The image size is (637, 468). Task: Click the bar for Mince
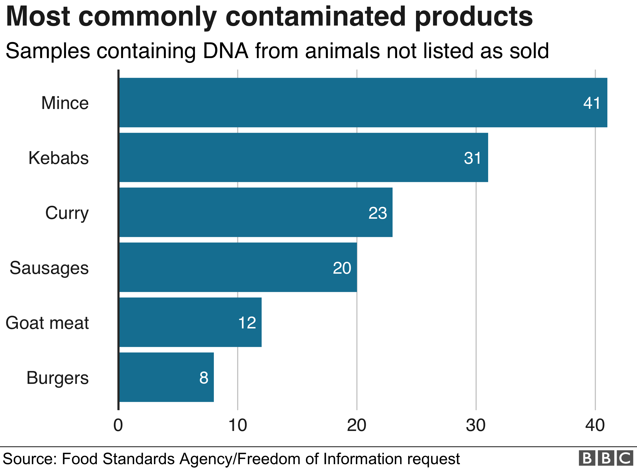click(x=362, y=103)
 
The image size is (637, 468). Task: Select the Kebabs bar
click(x=303, y=158)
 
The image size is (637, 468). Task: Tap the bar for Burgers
click(x=166, y=377)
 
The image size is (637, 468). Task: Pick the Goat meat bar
click(x=190, y=322)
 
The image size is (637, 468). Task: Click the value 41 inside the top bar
click(x=591, y=103)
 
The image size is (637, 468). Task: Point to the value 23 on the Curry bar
click(x=377, y=213)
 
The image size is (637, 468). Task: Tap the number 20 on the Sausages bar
click(x=342, y=268)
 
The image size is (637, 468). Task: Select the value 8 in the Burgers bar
click(x=204, y=378)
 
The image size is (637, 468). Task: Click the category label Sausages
click(x=49, y=268)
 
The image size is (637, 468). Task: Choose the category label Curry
click(x=67, y=213)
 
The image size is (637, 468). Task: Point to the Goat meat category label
click(x=47, y=323)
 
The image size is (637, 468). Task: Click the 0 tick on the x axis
click(x=118, y=425)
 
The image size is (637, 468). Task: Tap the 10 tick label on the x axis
click(x=237, y=425)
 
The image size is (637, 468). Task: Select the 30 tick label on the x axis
click(x=476, y=425)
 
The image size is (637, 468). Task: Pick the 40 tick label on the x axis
click(x=595, y=425)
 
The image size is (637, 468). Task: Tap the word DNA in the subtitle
click(x=226, y=51)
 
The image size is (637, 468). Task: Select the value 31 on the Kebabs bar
click(x=472, y=158)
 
